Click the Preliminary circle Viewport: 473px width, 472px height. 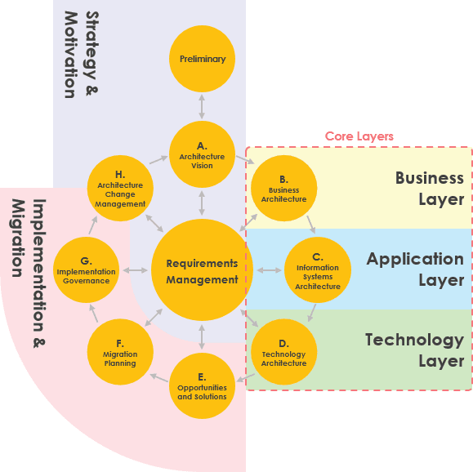click(202, 59)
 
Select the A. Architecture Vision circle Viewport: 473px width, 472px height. click(202, 155)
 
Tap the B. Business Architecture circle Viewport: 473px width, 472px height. click(283, 189)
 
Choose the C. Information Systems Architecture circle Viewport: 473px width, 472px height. click(318, 271)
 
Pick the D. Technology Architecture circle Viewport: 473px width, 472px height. click(283, 353)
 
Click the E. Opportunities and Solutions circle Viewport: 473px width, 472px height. click(202, 386)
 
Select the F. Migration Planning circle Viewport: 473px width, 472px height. click(120, 353)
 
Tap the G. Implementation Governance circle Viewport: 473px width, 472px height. click(87, 271)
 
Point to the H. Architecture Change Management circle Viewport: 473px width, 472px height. click(120, 189)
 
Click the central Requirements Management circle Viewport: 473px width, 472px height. click(202, 271)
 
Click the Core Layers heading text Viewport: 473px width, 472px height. click(359, 136)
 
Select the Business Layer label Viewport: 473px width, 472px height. click(430, 189)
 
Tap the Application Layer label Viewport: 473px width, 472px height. click(415, 269)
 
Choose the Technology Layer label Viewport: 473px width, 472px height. click(414, 350)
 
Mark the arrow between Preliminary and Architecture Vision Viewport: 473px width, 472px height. click(202, 107)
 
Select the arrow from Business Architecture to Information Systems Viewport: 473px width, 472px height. click(310, 224)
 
